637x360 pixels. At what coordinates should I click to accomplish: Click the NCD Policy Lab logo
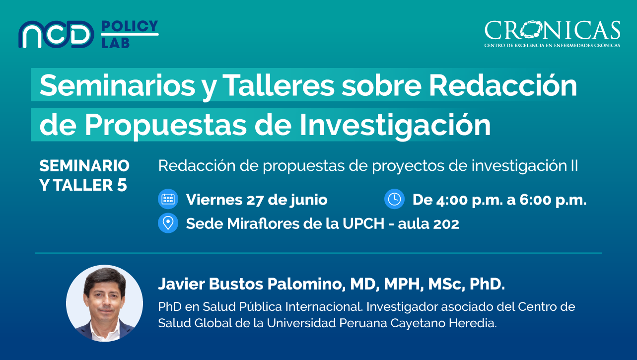point(88,34)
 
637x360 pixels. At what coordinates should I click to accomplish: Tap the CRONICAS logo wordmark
point(552,30)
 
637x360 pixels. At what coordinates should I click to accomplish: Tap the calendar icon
point(168,199)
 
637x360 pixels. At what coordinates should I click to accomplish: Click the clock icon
point(394,199)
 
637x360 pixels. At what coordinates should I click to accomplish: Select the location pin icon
point(168,223)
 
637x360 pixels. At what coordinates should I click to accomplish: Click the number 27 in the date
point(255,200)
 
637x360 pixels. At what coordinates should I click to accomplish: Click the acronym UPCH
point(363,224)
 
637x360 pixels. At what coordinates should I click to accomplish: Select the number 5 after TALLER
point(122,185)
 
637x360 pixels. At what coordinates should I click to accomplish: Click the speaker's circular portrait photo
point(104,303)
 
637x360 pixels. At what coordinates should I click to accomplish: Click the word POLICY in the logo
point(130,26)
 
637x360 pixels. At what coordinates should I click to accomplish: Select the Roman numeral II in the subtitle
point(574,166)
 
